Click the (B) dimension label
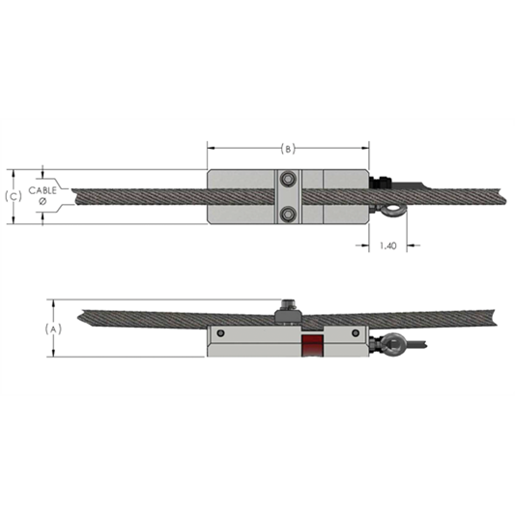coord(288,149)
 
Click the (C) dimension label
coord(14,196)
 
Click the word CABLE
coord(43,191)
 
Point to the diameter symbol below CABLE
coord(43,203)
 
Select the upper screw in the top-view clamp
coord(287,178)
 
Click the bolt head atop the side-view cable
coord(287,309)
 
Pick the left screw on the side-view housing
coord(221,333)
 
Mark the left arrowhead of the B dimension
coord(211,149)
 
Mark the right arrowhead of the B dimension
coord(366,149)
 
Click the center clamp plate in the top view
coord(287,196)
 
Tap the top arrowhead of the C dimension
coord(14,174)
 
